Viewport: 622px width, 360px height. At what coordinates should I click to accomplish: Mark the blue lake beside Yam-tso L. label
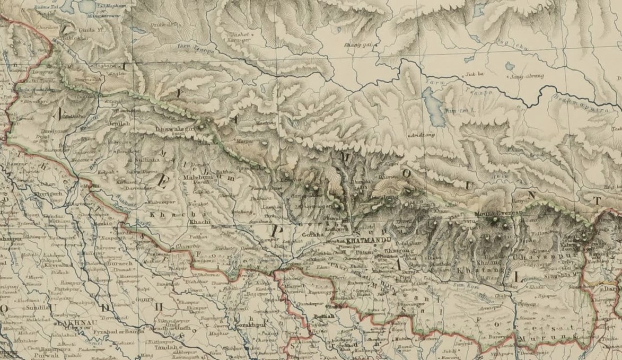coord(434,107)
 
